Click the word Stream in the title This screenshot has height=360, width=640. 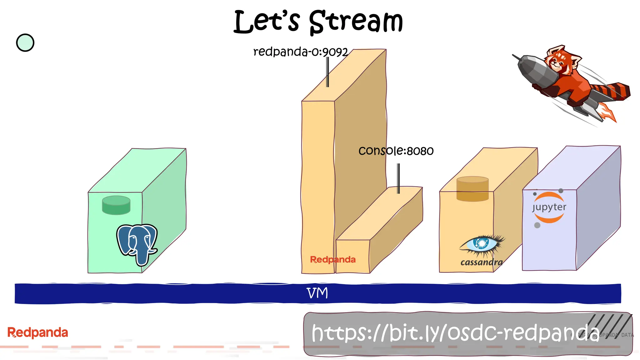(356, 22)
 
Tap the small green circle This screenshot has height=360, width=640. (25, 43)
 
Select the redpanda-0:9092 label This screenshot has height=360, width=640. (300, 52)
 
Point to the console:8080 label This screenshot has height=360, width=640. (396, 151)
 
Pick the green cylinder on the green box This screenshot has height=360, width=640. (116, 205)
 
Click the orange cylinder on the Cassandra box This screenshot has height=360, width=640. (472, 189)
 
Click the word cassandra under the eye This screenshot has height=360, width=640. (481, 262)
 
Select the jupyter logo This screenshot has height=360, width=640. (549, 207)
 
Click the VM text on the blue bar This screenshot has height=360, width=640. (317, 293)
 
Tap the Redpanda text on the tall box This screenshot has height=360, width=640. (332, 259)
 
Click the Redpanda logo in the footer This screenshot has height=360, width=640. (37, 332)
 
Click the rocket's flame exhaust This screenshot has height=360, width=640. (608, 112)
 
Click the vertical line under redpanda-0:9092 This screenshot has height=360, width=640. (327, 72)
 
